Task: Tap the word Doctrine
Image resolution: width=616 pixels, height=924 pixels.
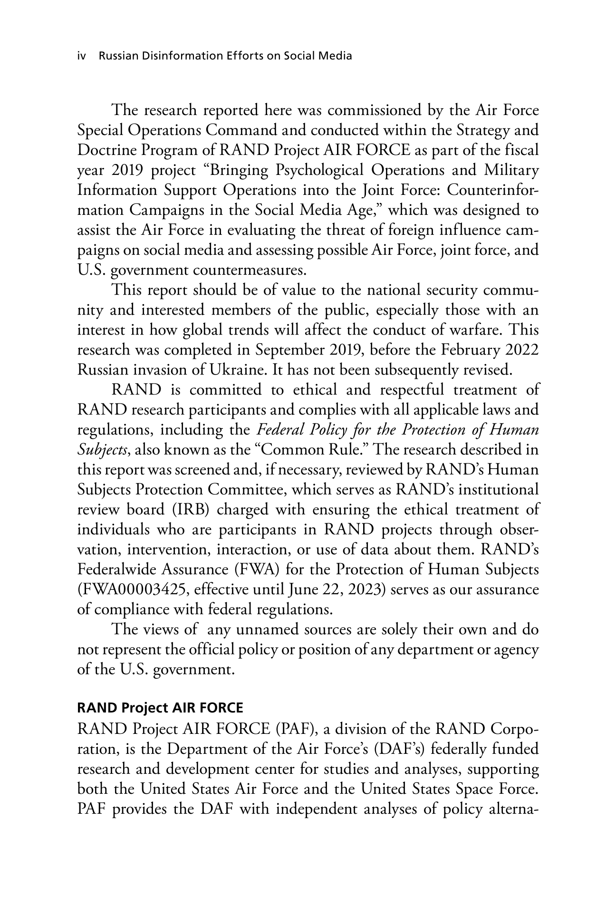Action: [x=105, y=151]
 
